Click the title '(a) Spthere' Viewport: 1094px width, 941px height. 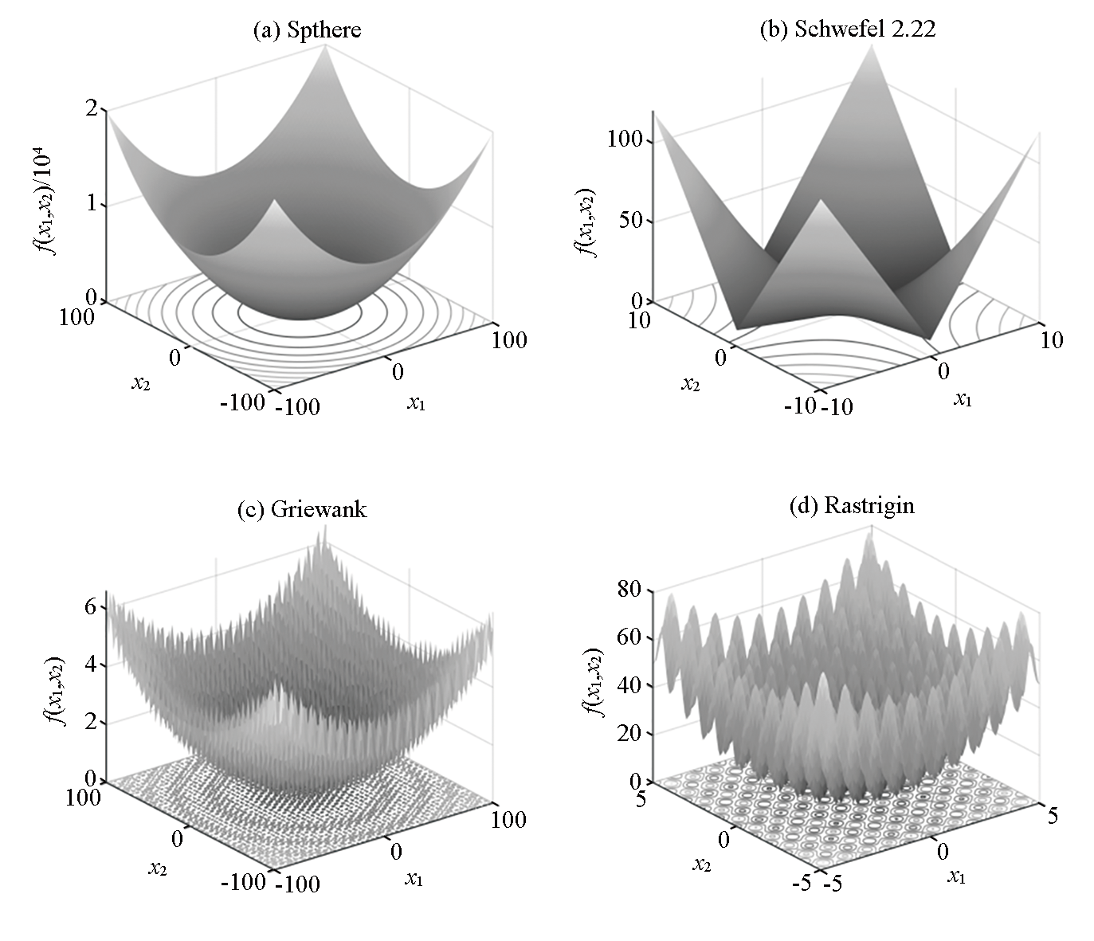[307, 30]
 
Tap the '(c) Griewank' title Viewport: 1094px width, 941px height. [302, 509]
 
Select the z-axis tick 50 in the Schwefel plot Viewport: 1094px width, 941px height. [630, 220]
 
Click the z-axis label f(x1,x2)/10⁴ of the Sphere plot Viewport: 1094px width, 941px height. [58, 203]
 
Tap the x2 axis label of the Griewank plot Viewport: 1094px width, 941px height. [157, 868]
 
